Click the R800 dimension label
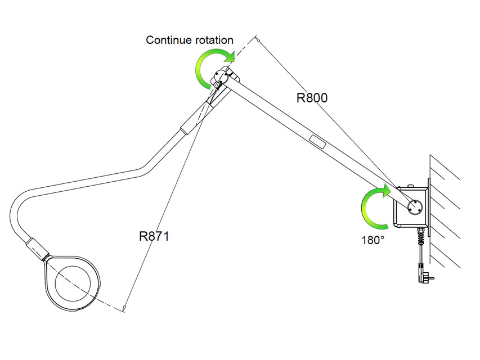click(312, 97)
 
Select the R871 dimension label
click(154, 236)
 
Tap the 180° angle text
click(373, 239)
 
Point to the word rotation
click(212, 40)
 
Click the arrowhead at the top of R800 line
click(257, 39)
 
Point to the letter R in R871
click(143, 236)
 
